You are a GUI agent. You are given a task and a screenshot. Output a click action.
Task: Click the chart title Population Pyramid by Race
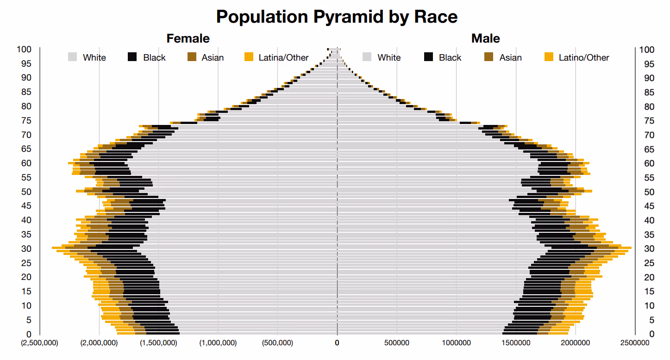tap(337, 17)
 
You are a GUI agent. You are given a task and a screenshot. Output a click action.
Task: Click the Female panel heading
tap(188, 38)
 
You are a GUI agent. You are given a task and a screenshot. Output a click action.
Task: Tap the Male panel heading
tap(485, 38)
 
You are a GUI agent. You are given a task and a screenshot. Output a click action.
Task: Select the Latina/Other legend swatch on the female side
tap(249, 57)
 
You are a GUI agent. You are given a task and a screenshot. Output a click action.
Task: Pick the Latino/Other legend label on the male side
tap(584, 57)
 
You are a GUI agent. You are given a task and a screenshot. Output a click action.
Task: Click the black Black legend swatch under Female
tap(132, 57)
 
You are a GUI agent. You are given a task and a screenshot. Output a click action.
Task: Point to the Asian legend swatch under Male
tap(488, 57)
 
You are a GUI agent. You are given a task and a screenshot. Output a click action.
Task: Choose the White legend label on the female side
tap(94, 57)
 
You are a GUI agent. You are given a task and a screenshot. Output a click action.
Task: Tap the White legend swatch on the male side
tap(367, 57)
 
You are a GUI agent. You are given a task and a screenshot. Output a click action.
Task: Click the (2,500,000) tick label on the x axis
tap(39, 343)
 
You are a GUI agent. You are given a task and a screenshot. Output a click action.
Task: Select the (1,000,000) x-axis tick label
tap(218, 343)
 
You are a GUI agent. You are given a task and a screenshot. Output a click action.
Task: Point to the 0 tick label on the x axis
tap(337, 343)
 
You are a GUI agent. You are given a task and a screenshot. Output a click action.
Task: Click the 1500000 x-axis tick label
tap(516, 343)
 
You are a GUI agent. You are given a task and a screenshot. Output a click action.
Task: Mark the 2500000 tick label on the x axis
tap(635, 343)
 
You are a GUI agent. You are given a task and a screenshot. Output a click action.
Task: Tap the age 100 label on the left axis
tap(24, 50)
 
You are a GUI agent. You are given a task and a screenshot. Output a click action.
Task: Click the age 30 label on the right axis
tap(649, 248)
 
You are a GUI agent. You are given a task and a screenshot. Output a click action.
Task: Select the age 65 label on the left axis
tap(26, 149)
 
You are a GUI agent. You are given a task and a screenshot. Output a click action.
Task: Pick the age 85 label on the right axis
tap(649, 92)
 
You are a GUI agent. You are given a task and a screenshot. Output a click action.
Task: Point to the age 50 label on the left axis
tap(26, 192)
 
